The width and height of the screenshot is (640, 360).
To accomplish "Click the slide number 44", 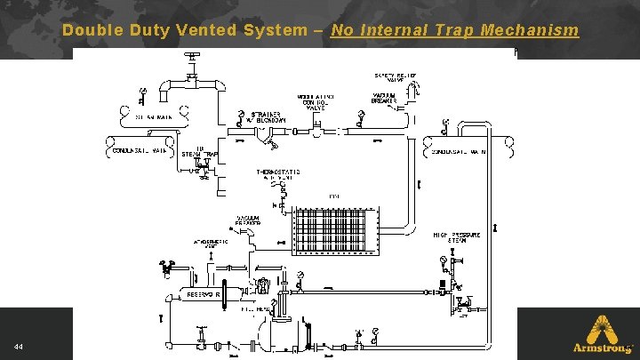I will [x=18, y=345].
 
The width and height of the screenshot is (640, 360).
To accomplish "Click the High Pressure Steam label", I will [x=457, y=237].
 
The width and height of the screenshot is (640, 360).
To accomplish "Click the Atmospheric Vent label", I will [x=210, y=244].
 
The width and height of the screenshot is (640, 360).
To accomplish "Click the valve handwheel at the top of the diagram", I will [x=190, y=56].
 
